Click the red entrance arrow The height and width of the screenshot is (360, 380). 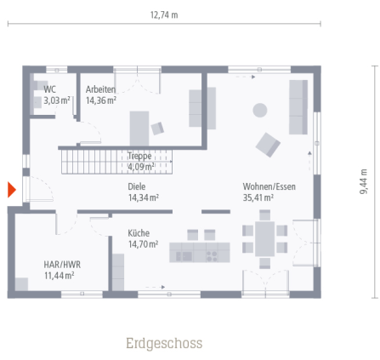pyautogui.click(x=12, y=190)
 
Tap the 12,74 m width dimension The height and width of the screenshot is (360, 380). pyautogui.click(x=164, y=15)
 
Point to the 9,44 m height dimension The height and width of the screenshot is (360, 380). pyautogui.click(x=363, y=181)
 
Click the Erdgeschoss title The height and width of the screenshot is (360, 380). pyautogui.click(x=164, y=343)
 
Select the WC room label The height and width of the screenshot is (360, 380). pyautogui.click(x=49, y=89)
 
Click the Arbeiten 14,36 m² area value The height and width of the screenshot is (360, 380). pyautogui.click(x=101, y=100)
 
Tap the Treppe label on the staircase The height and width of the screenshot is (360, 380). pyautogui.click(x=139, y=156)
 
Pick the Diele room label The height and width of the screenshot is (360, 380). pyautogui.click(x=137, y=186)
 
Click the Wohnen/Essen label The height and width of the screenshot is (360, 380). pyautogui.click(x=269, y=186)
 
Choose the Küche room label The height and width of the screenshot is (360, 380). pyautogui.click(x=139, y=233)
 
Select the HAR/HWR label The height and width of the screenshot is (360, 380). pyautogui.click(x=62, y=265)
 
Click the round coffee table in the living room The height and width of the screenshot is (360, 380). pyautogui.click(x=260, y=110)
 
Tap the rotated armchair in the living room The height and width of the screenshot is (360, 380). pyautogui.click(x=268, y=145)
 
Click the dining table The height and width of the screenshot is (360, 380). pyautogui.click(x=264, y=239)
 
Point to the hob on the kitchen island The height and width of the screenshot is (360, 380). pyautogui.click(x=212, y=256)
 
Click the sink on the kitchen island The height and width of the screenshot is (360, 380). pyautogui.click(x=184, y=256)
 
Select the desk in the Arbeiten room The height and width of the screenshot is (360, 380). pyautogui.click(x=139, y=129)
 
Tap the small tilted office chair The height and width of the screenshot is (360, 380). pyautogui.click(x=157, y=129)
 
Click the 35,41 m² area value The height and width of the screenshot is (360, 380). pyautogui.click(x=258, y=197)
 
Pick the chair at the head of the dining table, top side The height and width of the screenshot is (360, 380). pyautogui.click(x=264, y=215)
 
